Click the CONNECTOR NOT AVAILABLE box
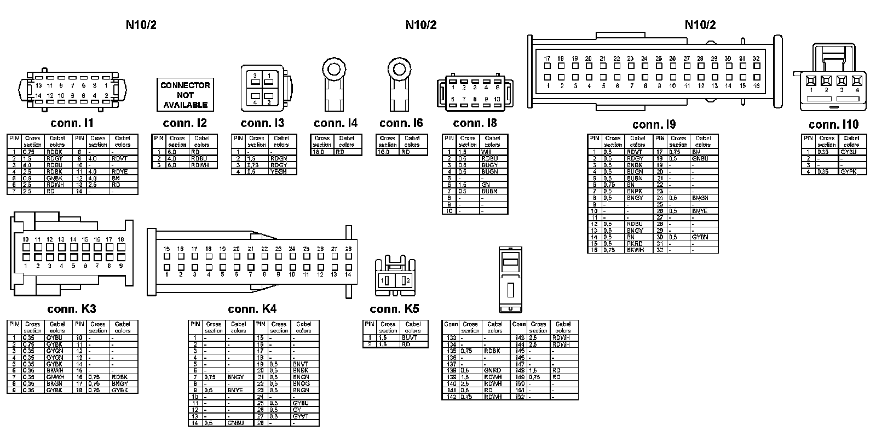(x=185, y=95)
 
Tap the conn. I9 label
(x=654, y=125)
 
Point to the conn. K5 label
(x=394, y=309)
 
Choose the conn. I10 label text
(x=833, y=125)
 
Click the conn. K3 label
(x=72, y=309)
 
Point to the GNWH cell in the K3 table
(x=55, y=377)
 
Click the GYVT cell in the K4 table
(x=301, y=416)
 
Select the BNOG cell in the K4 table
(x=301, y=384)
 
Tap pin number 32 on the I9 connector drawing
(x=756, y=59)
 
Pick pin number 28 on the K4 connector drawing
(x=348, y=249)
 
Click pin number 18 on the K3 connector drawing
(x=121, y=240)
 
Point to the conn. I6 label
(x=401, y=123)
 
